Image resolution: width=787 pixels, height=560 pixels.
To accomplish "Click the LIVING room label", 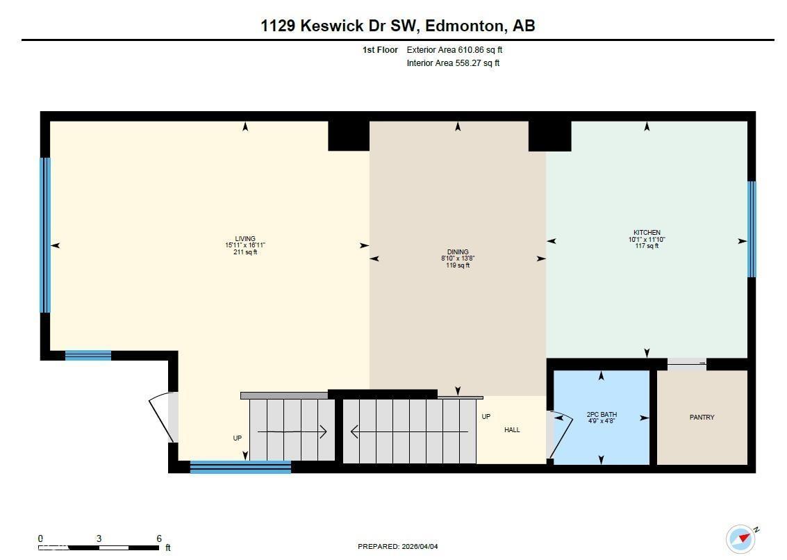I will point(245,239).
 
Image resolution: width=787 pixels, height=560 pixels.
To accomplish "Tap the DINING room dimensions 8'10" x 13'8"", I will point(458,258).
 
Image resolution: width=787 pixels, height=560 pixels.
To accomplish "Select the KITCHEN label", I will point(647,233).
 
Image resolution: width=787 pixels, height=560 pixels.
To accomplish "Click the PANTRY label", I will point(702,418).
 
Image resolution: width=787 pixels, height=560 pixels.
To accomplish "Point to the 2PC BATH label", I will point(602,415).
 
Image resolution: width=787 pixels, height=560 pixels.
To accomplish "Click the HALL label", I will point(512,430).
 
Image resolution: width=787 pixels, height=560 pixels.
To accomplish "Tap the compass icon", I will point(740,538).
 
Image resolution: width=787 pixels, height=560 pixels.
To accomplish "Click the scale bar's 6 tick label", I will point(159,538).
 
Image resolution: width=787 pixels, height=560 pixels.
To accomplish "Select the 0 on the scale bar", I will point(40,538).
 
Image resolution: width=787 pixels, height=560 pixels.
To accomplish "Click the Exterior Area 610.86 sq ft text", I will point(454,50).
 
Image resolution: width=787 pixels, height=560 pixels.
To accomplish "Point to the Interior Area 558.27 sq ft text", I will point(453,63).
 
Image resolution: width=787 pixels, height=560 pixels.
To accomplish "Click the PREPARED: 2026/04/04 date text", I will point(398,547).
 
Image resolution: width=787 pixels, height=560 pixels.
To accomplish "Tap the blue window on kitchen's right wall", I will point(752,229).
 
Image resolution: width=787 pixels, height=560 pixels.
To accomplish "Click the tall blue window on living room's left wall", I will point(45,235).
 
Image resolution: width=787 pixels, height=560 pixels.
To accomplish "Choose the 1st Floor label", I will point(380,50).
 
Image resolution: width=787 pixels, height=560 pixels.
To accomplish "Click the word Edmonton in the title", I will point(465,26).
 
